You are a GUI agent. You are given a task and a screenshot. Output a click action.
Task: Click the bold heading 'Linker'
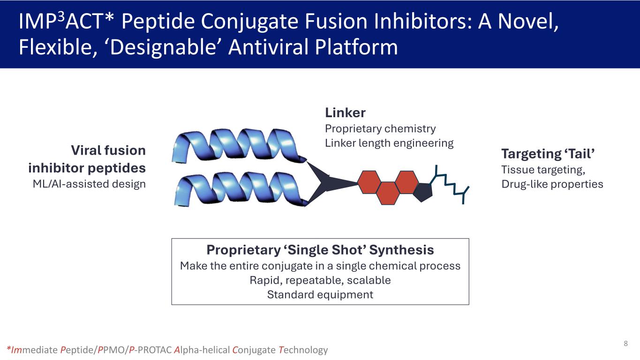[x=345, y=113]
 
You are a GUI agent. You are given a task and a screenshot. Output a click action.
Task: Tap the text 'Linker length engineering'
[x=389, y=143]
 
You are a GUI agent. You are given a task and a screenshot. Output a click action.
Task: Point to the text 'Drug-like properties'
[x=552, y=184]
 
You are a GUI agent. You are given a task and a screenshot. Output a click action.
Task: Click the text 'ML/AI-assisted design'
[x=89, y=184]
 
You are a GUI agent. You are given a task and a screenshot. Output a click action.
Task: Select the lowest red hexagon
[x=387, y=193]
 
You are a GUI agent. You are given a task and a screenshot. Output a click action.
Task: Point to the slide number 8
[x=625, y=344]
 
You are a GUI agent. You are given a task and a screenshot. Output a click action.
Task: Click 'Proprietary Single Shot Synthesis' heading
[x=320, y=250]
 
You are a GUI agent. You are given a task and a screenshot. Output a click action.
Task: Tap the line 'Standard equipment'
[x=320, y=294]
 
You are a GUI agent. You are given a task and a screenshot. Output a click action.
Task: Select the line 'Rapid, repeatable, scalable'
[x=320, y=280]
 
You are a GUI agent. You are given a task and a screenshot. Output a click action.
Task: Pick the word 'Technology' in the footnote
[x=303, y=350]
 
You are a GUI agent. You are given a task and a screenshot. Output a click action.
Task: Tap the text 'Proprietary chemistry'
[x=380, y=128]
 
